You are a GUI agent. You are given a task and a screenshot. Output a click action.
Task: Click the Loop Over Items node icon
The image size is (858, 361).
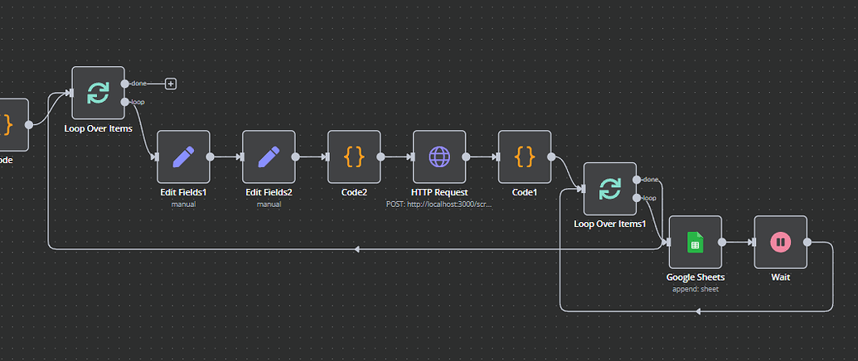point(98,93)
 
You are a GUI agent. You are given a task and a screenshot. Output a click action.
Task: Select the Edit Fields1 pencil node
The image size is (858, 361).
point(183,156)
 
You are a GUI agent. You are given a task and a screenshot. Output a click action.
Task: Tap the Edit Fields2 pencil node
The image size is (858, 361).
point(269,156)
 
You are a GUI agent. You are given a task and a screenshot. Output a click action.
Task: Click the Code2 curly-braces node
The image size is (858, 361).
point(354,156)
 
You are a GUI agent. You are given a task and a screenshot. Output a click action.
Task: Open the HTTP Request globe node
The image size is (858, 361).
point(439,156)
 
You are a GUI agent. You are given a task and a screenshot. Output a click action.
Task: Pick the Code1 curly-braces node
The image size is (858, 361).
point(525,156)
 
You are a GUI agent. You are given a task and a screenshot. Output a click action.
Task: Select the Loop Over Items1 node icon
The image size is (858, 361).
point(609,189)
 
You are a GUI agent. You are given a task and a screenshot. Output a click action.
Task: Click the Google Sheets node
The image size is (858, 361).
point(695,242)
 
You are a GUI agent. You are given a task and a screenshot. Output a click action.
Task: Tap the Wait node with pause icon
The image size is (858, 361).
point(780,242)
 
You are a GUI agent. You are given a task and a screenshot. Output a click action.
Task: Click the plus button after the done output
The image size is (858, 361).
point(171,84)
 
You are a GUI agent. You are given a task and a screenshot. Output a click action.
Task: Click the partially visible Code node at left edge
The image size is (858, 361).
point(12,125)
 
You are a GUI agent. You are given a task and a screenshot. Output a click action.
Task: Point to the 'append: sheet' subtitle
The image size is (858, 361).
point(695,289)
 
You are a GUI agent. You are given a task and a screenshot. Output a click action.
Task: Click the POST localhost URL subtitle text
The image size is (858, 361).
point(439,204)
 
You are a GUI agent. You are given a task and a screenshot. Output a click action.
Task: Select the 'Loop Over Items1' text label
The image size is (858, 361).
point(609,224)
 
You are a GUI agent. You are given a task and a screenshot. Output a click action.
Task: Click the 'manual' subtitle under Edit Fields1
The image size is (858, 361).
point(183,204)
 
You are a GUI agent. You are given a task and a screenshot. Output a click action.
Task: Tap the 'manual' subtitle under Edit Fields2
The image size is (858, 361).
point(269,204)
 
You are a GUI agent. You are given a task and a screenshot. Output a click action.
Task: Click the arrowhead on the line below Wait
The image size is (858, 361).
point(698,311)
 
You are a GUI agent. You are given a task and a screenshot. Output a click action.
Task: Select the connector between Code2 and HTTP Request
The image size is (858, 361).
point(396,156)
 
